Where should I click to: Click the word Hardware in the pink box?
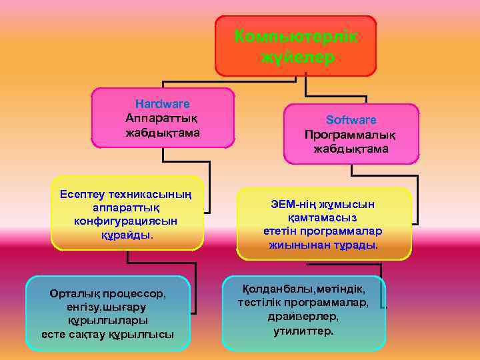click(162, 104)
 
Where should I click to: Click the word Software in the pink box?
click(351, 120)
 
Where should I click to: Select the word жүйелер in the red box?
click(296, 58)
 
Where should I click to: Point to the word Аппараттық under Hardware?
click(163, 118)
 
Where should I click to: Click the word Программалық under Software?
click(351, 135)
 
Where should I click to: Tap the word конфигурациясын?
click(126, 221)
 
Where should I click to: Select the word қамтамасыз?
click(323, 217)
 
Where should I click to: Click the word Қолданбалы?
click(274, 289)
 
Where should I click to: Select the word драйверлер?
click(303, 317)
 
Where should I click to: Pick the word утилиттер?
click(303, 331)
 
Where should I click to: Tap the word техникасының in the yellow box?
click(148, 194)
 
